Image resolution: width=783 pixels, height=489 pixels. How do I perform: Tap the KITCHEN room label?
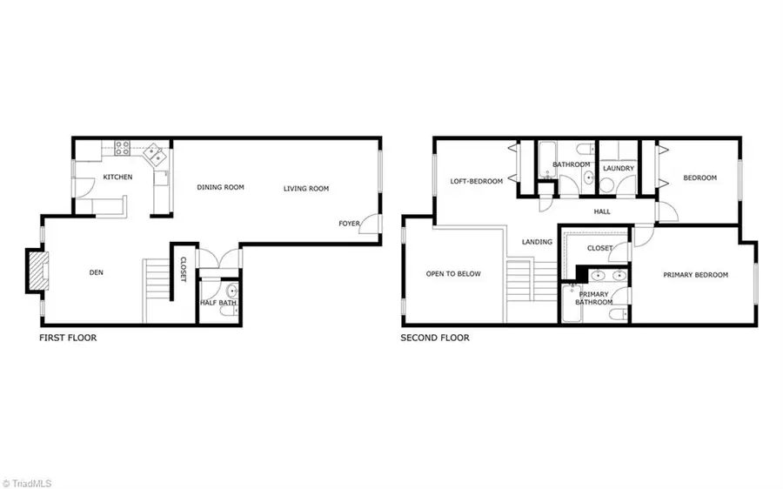click(x=117, y=178)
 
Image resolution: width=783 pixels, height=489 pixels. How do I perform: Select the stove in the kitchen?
click(x=117, y=150)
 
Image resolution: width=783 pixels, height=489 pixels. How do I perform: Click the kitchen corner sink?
click(x=157, y=155)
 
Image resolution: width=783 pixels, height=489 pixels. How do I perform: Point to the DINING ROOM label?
click(x=220, y=187)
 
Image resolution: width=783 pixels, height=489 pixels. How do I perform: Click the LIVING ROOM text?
click(x=305, y=188)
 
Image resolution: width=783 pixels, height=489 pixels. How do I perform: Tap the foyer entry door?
click(x=371, y=224)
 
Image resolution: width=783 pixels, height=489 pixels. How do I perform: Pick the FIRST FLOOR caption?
click(x=68, y=338)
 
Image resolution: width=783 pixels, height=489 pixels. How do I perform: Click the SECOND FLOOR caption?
click(x=435, y=338)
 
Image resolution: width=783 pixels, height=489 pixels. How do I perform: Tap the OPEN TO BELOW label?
click(x=453, y=273)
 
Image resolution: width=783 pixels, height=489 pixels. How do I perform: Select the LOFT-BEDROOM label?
click(x=476, y=181)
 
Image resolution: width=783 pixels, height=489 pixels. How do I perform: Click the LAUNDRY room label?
click(x=618, y=168)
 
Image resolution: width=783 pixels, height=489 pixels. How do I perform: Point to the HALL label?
click(x=602, y=211)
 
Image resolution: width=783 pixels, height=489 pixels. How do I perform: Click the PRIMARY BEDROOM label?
click(x=695, y=275)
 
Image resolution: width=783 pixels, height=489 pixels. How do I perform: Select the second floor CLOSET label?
click(x=599, y=248)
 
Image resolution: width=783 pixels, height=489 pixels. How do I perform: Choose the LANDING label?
click(x=537, y=242)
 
